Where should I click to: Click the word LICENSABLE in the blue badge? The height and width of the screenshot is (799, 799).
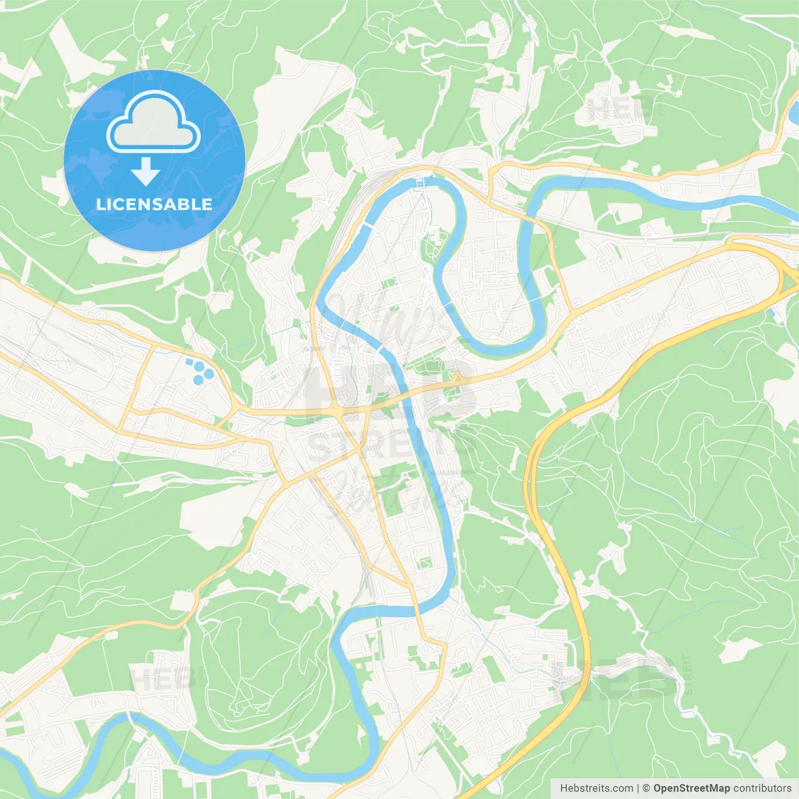(x=154, y=204)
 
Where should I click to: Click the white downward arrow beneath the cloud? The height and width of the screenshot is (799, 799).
(x=145, y=171)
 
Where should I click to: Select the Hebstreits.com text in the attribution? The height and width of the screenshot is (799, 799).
(x=596, y=788)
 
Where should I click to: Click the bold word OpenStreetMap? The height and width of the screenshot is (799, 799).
(x=691, y=788)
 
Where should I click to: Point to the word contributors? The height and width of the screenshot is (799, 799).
(x=762, y=788)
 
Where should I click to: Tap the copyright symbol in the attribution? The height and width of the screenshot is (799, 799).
(x=646, y=788)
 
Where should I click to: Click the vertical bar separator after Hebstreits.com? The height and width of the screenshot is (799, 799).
(x=637, y=788)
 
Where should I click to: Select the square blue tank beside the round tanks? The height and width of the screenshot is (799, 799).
(x=189, y=361)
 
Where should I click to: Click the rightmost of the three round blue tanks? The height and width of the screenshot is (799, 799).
(x=209, y=374)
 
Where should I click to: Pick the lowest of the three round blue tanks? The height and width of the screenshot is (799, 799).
(x=199, y=380)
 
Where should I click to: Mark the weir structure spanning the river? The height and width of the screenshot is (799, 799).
(x=423, y=182)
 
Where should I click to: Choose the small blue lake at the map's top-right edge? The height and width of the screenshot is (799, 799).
(x=794, y=112)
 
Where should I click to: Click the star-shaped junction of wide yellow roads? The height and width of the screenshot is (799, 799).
(x=338, y=412)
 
